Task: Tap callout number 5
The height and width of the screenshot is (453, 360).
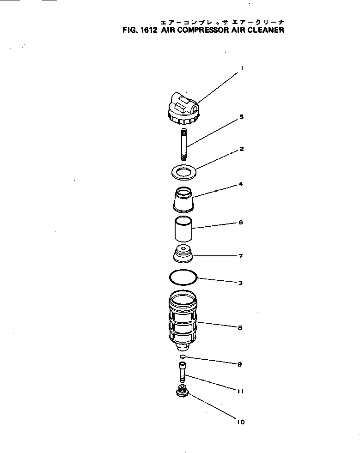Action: tap(241, 117)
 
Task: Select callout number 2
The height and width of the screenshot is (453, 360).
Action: tap(241, 149)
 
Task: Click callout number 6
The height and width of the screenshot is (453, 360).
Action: tap(241, 222)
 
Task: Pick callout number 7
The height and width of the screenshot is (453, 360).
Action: tap(241, 256)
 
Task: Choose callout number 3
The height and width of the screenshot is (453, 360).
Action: tap(241, 283)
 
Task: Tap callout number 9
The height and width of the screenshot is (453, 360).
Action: tap(240, 364)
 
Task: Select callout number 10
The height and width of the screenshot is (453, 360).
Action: tap(240, 422)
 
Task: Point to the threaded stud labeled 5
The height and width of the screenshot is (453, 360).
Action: tap(184, 145)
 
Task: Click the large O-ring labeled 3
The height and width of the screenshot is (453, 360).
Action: tap(183, 277)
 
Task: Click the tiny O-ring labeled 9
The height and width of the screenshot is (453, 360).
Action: tap(183, 356)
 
